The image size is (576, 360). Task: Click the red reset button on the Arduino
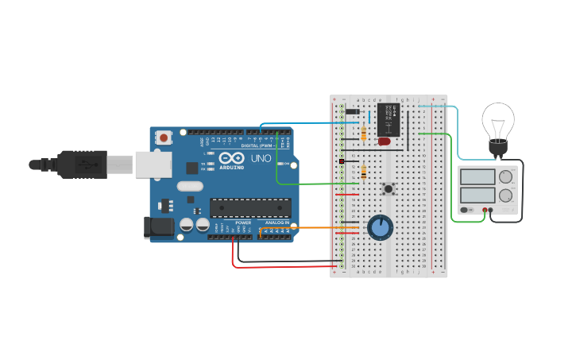pyautogui.click(x=164, y=137)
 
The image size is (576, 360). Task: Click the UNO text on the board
pyautogui.click(x=261, y=159)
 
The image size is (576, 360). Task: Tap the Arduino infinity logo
pyautogui.click(x=232, y=159)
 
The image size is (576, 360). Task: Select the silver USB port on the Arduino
pyautogui.click(x=153, y=165)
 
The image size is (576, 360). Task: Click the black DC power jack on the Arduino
pyautogui.click(x=161, y=227)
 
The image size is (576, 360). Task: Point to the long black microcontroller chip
pyautogui.click(x=250, y=208)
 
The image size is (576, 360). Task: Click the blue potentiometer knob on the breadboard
pyautogui.click(x=381, y=227)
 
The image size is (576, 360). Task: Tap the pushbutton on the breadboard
pyautogui.click(x=389, y=188)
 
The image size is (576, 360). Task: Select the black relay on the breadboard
pyautogui.click(x=389, y=118)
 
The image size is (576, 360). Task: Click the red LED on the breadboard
pyautogui.click(x=385, y=141)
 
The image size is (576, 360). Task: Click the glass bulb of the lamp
pyautogui.click(x=498, y=120)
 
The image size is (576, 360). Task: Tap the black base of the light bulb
pyautogui.click(x=498, y=147)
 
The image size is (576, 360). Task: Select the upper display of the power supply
pyautogui.click(x=477, y=176)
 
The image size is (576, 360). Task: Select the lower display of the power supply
pyautogui.click(x=477, y=195)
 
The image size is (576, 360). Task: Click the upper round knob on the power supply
pyautogui.click(x=505, y=176)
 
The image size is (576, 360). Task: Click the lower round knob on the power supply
pyautogui.click(x=505, y=195)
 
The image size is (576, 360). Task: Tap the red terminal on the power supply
pyautogui.click(x=485, y=210)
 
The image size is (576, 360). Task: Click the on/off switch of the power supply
pyautogui.click(x=466, y=210)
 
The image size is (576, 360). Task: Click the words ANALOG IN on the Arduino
pyautogui.click(x=276, y=223)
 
